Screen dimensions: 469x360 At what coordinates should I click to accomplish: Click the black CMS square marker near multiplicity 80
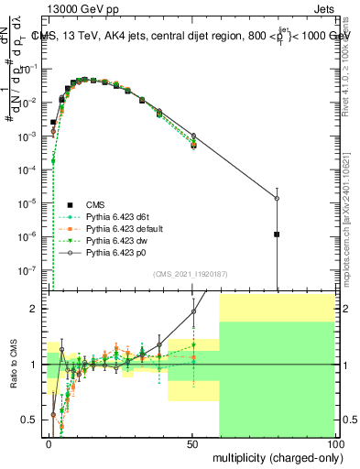click(x=277, y=234)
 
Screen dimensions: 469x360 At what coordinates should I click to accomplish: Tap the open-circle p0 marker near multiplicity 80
click(x=277, y=198)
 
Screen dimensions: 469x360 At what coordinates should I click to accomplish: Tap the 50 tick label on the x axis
click(x=191, y=442)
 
